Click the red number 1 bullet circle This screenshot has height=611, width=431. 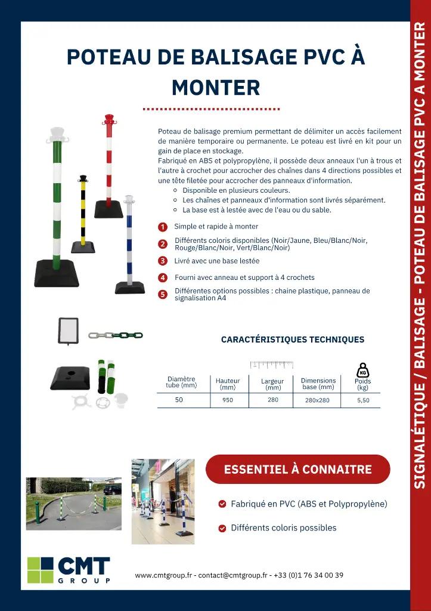(162, 227)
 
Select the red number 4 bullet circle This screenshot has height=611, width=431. (162, 277)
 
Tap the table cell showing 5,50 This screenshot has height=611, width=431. (362, 400)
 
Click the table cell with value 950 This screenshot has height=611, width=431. (228, 400)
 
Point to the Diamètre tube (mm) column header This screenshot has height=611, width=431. (181, 382)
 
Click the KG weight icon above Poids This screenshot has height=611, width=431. (362, 369)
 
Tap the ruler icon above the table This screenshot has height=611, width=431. (272, 365)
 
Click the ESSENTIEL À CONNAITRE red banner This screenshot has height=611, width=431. (297, 469)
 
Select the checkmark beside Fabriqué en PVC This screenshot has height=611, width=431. (222, 504)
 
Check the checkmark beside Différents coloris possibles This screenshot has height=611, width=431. (222, 528)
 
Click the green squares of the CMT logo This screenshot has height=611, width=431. (41, 570)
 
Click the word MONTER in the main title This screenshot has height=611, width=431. (216, 88)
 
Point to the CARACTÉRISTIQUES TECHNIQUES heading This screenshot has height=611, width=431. (293, 340)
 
